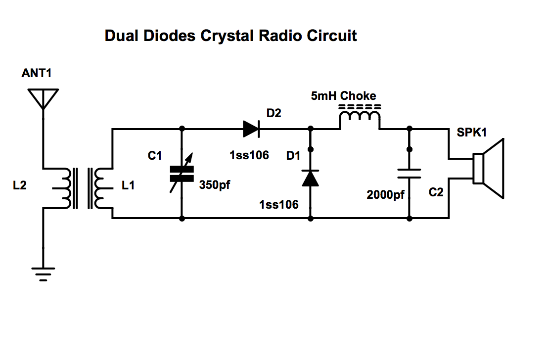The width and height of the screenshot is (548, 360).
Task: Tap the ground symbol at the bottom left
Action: tap(43, 274)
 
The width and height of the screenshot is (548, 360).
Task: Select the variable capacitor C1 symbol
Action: tap(182, 174)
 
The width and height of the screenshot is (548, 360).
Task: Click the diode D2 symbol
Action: tap(251, 129)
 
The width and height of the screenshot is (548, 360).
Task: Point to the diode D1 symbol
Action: tap(310, 178)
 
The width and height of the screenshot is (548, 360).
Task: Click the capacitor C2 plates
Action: tap(409, 174)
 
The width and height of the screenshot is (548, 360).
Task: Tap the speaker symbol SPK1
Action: tap(489, 169)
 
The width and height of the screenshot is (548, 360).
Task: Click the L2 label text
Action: tap(20, 185)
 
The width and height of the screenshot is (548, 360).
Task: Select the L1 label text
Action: tap(128, 185)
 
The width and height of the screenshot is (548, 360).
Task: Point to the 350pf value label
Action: tap(215, 185)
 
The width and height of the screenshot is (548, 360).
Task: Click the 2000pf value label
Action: tap(385, 195)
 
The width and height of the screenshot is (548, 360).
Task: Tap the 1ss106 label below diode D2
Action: tap(249, 155)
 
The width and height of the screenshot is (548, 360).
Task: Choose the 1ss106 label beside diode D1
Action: tap(279, 204)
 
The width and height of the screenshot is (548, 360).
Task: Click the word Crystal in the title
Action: tap(227, 36)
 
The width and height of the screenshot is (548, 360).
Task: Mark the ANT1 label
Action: tap(36, 73)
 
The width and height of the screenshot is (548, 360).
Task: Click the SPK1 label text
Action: tap(472, 133)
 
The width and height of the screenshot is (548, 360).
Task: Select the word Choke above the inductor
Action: tap(358, 96)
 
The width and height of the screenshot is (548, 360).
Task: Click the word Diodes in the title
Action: tap(170, 36)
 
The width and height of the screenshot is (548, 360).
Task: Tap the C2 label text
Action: tap(436, 192)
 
